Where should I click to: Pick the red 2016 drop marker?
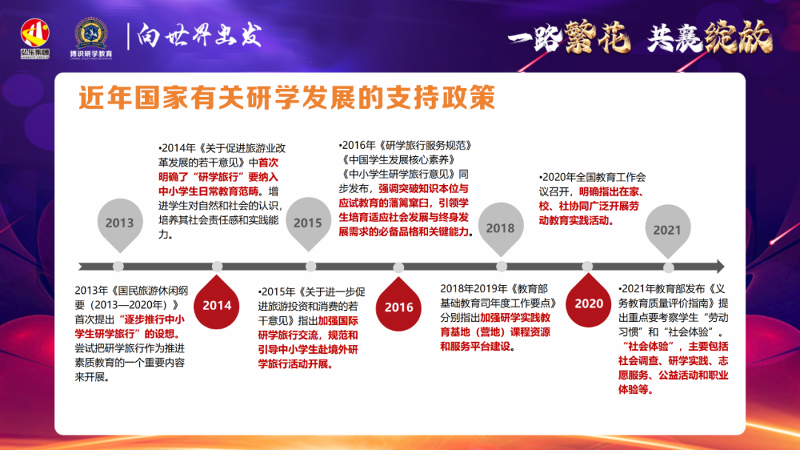click(399, 305)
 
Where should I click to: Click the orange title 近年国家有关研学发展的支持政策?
click(287, 97)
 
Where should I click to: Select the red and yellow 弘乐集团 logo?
click(35, 38)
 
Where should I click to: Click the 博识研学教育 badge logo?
click(91, 38)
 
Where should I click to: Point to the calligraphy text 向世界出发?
click(199, 36)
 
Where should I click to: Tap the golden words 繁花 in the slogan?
click(596, 37)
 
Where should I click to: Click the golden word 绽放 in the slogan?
click(738, 37)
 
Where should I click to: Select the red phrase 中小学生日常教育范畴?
click(208, 192)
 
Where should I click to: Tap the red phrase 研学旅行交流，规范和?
click(308, 335)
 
